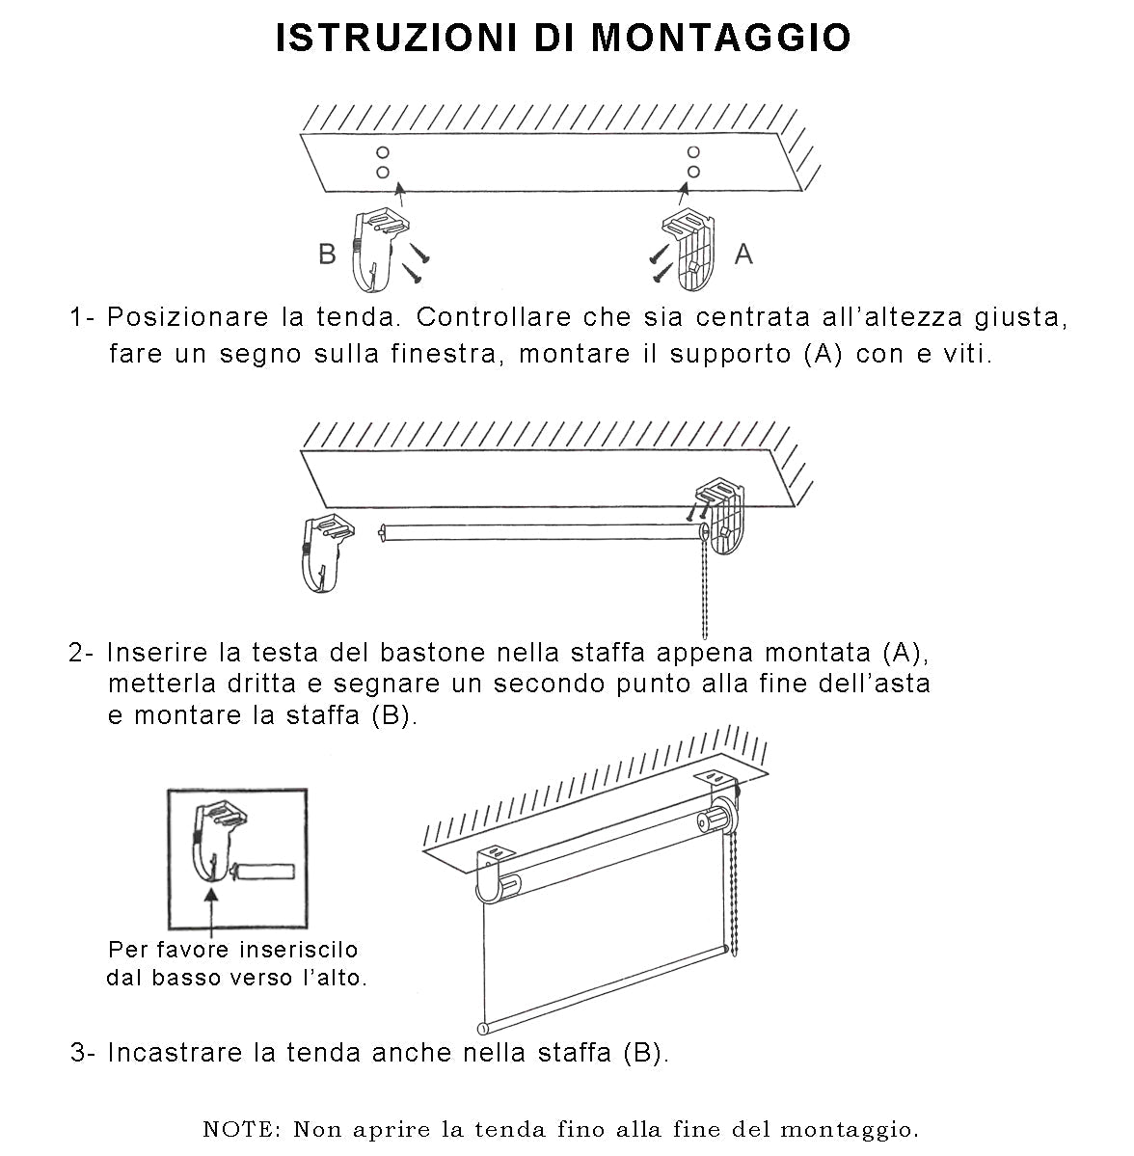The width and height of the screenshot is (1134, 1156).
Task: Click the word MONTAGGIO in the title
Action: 720,38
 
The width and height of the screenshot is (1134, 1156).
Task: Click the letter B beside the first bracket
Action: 328,254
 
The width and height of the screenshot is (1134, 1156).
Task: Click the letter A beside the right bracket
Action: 742,254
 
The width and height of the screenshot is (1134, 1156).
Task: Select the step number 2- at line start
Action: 81,653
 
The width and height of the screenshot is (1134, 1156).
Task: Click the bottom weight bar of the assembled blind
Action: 598,988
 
